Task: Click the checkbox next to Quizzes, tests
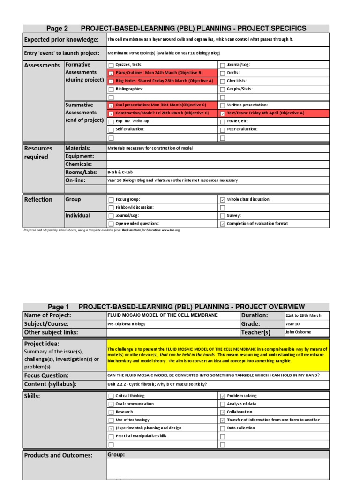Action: point(111,65)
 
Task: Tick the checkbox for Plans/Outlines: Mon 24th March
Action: point(111,73)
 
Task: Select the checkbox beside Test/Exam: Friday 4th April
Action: point(222,113)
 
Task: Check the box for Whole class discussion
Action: point(222,200)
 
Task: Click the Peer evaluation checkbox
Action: point(222,129)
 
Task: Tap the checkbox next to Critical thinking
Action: point(111,396)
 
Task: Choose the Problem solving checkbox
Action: point(222,396)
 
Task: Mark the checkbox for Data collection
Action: point(222,428)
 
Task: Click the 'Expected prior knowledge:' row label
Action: point(61,40)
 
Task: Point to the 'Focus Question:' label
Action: point(46,375)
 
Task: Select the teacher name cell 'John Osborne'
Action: point(298,332)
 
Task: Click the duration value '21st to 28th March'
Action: point(303,315)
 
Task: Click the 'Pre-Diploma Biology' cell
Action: point(127,324)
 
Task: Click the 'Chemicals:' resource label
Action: point(79,164)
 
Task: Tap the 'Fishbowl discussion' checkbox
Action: point(111,208)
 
